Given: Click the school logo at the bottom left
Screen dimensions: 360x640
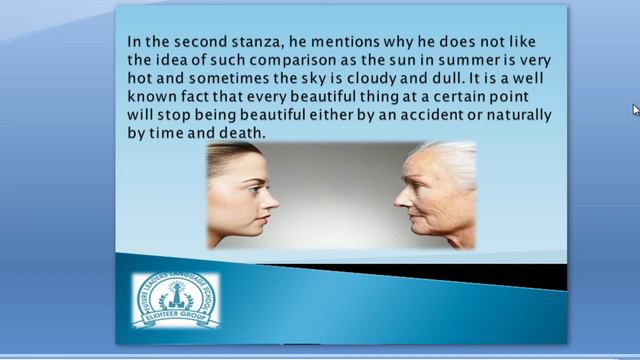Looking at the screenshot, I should tap(176, 299).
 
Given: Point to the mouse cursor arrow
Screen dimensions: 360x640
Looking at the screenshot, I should tap(635, 109).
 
